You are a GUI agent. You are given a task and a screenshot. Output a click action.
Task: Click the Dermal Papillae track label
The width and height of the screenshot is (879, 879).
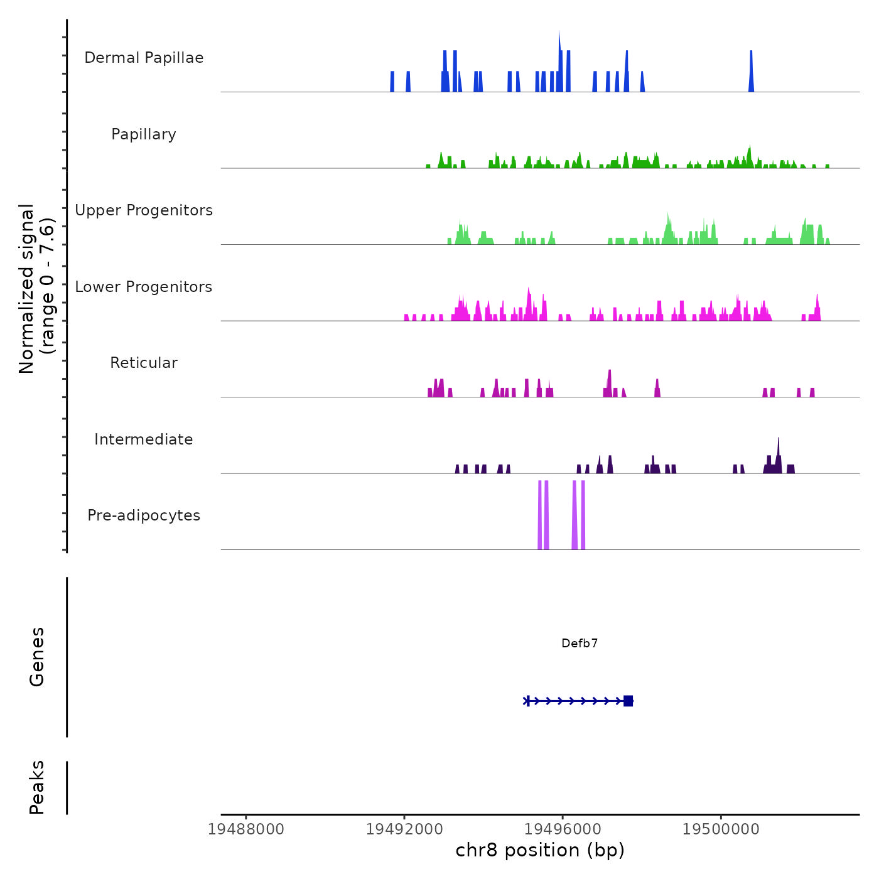point(144,58)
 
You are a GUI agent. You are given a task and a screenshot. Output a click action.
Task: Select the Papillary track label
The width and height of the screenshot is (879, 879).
point(144,134)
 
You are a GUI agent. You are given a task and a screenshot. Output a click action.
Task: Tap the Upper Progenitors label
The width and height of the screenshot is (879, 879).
point(144,210)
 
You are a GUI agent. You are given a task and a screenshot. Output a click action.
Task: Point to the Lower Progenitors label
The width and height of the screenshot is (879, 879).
point(144,287)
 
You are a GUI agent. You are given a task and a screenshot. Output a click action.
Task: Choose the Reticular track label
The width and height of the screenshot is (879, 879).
point(144,363)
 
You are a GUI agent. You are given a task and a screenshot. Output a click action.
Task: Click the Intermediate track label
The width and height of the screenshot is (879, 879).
point(144,439)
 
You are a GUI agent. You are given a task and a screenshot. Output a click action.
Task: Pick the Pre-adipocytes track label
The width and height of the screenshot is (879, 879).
point(144,515)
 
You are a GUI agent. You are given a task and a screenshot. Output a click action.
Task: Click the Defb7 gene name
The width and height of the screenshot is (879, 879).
point(580,644)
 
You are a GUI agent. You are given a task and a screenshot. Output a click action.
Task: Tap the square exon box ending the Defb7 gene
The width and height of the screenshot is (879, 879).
point(628,701)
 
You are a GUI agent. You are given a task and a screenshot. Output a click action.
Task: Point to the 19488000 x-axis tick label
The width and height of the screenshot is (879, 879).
point(245,829)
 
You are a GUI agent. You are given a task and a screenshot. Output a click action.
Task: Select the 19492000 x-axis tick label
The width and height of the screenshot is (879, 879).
point(404,829)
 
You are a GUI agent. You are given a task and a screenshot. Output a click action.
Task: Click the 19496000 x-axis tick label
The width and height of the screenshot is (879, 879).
point(563,829)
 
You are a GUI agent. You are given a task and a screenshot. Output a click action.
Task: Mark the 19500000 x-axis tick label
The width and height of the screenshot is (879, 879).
point(721,829)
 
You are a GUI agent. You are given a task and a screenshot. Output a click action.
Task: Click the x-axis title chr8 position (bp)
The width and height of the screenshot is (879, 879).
point(540,851)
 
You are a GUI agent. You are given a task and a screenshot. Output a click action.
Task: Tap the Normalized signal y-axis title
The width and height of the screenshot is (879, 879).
point(36,288)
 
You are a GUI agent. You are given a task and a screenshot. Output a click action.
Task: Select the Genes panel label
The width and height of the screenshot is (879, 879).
point(37,657)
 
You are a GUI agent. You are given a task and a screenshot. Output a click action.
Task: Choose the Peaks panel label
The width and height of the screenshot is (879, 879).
point(37,787)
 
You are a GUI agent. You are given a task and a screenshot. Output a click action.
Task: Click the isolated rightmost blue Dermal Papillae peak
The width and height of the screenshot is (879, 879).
point(751,69)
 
